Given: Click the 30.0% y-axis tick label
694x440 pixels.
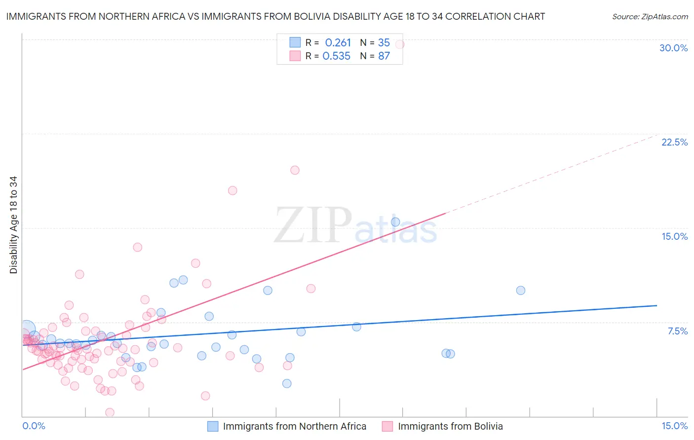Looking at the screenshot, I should [673, 48].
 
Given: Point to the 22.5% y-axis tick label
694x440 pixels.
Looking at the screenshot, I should [674, 142].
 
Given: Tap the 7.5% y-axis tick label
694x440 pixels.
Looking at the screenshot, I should [677, 331].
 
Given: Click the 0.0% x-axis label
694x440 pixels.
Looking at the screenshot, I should [34, 426].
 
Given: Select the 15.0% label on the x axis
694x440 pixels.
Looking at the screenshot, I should [674, 426].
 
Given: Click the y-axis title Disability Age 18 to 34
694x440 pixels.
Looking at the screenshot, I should [13, 225].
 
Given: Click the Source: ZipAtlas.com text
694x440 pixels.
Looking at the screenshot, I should [650, 16].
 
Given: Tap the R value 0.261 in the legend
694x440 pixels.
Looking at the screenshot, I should [338, 43].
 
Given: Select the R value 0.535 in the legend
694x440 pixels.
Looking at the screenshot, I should [336, 56].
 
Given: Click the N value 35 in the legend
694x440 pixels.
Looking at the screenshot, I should [384, 43].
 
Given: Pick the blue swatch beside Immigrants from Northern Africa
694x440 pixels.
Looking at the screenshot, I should [213, 426].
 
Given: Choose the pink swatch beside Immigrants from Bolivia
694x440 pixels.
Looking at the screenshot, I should [387, 426].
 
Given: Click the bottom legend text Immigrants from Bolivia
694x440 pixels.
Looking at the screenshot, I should [450, 426].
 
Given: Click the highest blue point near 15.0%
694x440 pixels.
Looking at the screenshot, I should [395, 222].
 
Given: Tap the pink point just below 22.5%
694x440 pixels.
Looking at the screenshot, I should [295, 170].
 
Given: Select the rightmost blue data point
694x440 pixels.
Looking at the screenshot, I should [520, 291].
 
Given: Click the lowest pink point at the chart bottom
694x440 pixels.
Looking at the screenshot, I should [110, 412].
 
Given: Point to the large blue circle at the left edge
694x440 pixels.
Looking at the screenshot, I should [27, 329].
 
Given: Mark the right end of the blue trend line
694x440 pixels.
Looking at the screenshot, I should [656, 305].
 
